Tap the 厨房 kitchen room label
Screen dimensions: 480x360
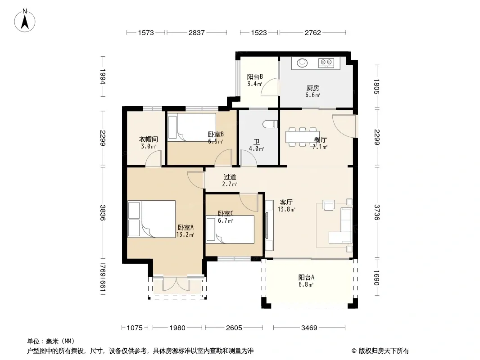[313, 88]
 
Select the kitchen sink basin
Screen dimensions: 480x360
[303, 63]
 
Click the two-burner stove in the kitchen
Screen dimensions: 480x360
[326, 63]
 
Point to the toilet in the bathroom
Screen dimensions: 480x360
[270, 124]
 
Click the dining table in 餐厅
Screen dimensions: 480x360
[303, 137]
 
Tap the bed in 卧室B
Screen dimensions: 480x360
[192, 127]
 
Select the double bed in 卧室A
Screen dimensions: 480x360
[152, 219]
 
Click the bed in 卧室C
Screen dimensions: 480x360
[230, 229]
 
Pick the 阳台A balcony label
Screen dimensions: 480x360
[306, 277]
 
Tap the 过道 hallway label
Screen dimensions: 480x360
[230, 177]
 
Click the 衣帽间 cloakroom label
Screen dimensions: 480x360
[149, 139]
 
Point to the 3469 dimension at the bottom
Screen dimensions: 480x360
[309, 328]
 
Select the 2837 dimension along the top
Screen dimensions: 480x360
[196, 32]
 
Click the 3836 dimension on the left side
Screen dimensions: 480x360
[103, 212]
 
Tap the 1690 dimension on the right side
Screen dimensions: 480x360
[376, 277]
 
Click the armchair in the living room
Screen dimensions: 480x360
[329, 205]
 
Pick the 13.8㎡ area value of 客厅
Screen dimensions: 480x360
[286, 210]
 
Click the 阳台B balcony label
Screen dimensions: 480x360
[255, 76]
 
